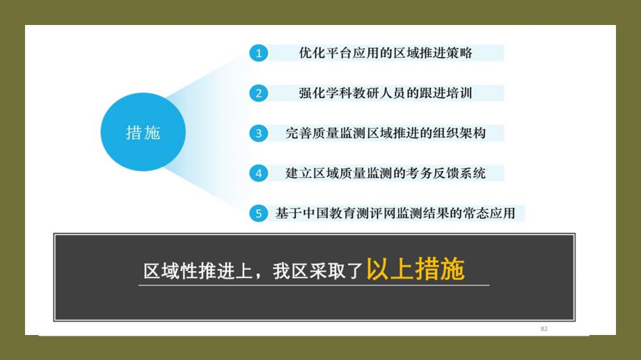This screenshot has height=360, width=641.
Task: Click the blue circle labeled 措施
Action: pos(143,131)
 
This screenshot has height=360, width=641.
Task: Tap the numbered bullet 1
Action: pos(259,53)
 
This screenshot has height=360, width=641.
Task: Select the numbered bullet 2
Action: pos(259,93)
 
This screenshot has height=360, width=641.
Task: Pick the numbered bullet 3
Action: pos(259,133)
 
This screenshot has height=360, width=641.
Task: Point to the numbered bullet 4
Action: pos(259,173)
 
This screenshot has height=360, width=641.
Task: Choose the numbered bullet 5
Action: pos(259,213)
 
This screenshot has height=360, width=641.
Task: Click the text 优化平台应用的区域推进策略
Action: pos(385,53)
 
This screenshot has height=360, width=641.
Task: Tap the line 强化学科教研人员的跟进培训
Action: pos(385,93)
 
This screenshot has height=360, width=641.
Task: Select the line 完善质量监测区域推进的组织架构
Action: pos(385,133)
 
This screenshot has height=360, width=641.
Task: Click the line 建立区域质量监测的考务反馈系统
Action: pos(385,173)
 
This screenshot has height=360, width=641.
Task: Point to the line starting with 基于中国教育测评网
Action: pos(395,213)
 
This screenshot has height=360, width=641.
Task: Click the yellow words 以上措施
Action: pos(415,269)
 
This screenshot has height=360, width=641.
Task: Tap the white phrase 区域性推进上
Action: pos(198,271)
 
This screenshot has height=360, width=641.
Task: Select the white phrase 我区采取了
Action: pos(318,271)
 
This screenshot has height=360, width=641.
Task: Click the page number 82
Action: pos(544,329)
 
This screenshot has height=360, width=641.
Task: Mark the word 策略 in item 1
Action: pos(460,53)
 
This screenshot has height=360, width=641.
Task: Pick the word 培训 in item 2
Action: pos(460,93)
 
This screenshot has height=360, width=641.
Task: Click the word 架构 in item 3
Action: pos(472,133)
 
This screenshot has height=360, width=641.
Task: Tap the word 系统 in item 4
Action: pos(472,173)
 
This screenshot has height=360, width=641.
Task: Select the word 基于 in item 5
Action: pos(288,213)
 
